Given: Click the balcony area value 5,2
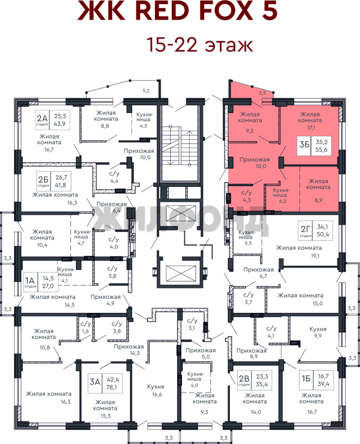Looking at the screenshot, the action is (146, 90).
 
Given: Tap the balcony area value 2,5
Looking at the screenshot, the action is (262, 92).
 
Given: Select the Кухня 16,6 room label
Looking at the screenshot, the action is (156, 390).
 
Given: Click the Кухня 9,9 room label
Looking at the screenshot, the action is (318, 332).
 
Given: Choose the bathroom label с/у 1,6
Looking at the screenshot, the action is (85, 327).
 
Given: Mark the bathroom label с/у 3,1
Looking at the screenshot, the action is (192, 324).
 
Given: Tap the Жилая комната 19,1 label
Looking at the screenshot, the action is (299, 252).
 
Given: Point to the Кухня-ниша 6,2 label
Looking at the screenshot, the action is (282, 195).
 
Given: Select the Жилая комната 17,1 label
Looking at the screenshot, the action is (310, 120).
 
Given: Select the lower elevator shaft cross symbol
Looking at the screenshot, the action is (181, 273).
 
